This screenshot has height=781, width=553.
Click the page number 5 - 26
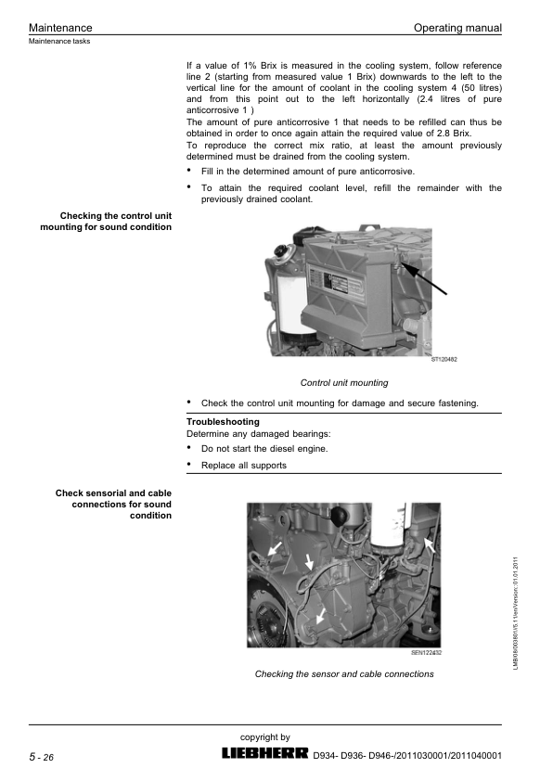[x=42, y=758]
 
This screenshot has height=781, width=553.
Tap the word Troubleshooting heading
[x=223, y=421]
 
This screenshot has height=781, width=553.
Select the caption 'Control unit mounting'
[x=343, y=382]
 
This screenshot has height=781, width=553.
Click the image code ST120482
[x=444, y=359]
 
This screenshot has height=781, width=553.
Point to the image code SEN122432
[x=427, y=652]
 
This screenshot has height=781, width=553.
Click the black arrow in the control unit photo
[x=424, y=279]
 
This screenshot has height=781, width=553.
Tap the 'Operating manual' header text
[x=457, y=28]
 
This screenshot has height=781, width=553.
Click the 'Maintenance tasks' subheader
[x=59, y=42]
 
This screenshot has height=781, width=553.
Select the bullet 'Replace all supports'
[x=244, y=466]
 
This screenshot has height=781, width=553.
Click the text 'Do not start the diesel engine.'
[x=264, y=448]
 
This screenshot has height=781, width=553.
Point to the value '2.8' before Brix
[x=444, y=133]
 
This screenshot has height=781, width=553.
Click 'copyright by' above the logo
[x=265, y=737]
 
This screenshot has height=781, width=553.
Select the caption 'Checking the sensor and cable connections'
[x=344, y=674]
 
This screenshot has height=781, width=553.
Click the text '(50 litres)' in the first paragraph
[x=482, y=88]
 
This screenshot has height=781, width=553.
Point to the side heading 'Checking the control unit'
[x=116, y=216]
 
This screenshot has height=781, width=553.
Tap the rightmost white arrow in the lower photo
[x=430, y=545]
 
